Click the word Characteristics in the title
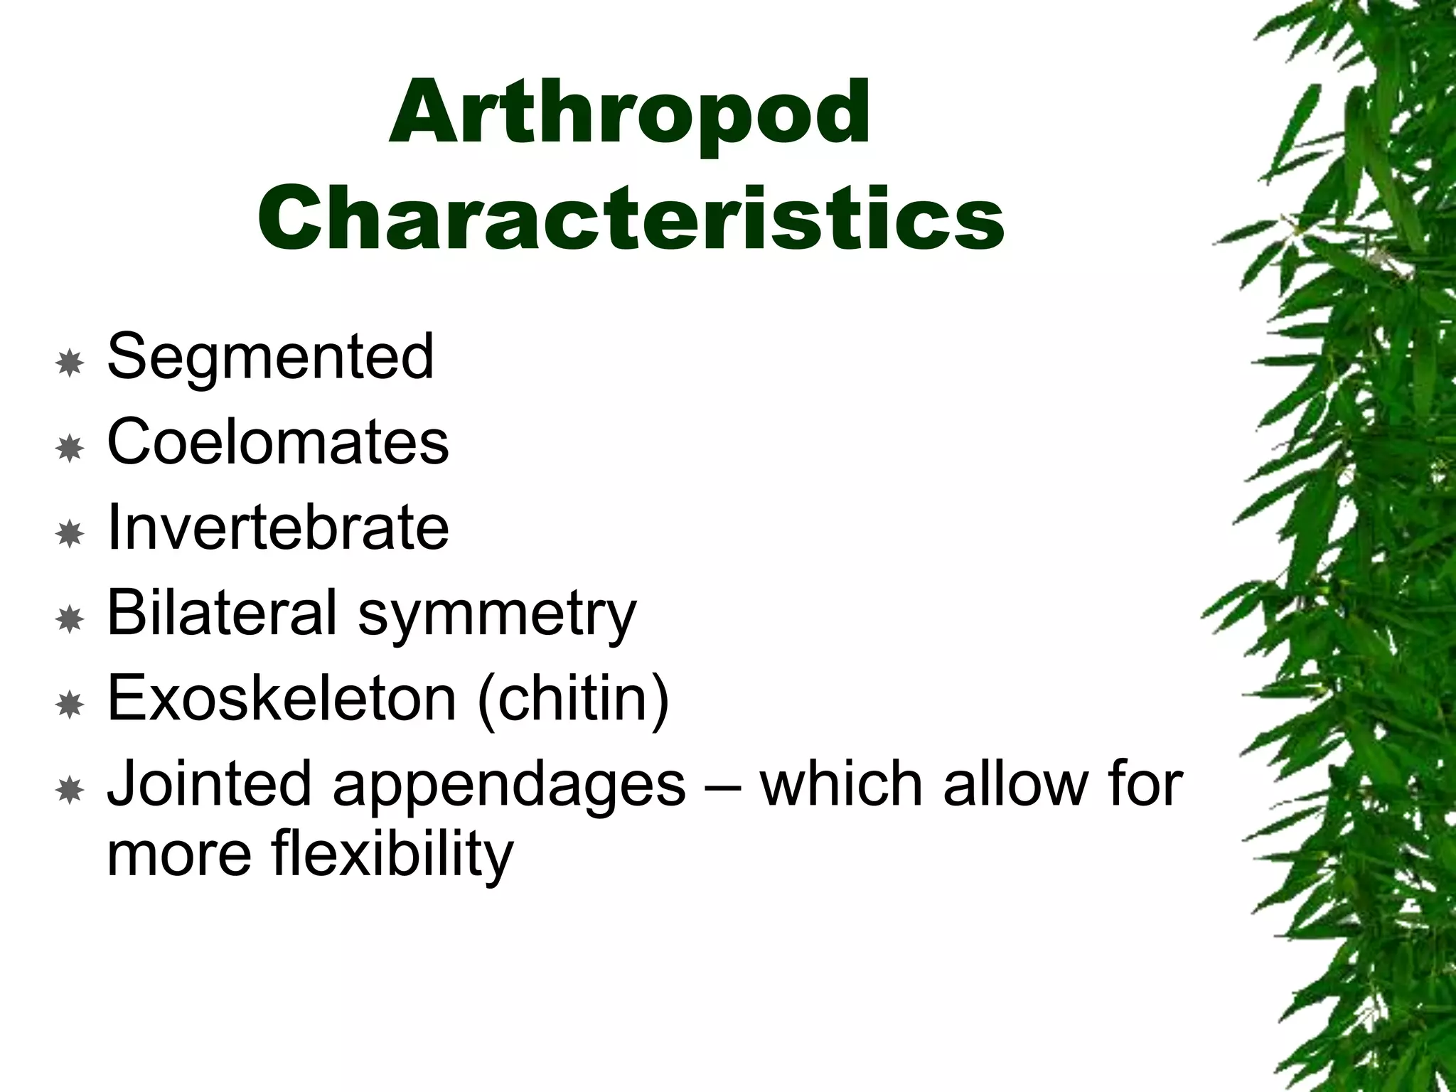click(630, 216)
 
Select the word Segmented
click(270, 357)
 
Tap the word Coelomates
click(278, 442)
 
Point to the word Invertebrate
click(278, 528)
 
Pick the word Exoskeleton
click(282, 698)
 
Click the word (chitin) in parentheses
click(573, 700)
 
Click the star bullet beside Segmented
click(70, 363)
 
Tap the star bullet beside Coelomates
click(70, 449)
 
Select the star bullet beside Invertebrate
click(70, 534)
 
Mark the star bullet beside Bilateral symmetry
click(70, 619)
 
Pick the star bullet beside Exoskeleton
click(70, 705)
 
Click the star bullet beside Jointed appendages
click(70, 790)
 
